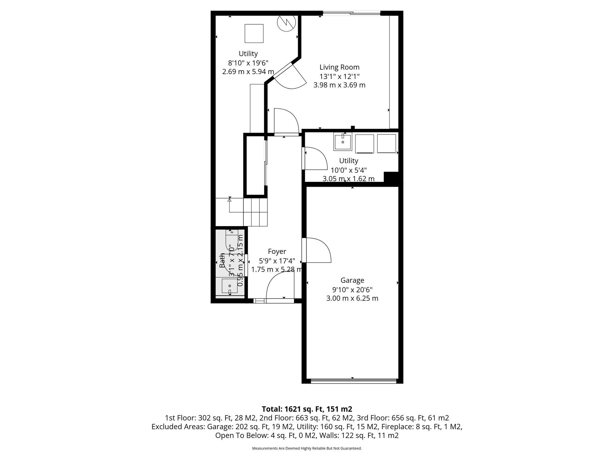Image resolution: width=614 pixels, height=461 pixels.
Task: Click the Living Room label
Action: click(x=339, y=67)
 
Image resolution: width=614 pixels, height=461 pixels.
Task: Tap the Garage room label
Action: click(x=352, y=280)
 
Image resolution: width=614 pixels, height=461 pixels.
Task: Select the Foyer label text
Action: click(x=277, y=252)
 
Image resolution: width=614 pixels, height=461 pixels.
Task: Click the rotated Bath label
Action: click(x=222, y=261)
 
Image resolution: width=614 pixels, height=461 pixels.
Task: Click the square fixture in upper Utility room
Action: click(x=254, y=34)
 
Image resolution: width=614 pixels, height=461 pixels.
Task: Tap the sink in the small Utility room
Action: click(x=343, y=142)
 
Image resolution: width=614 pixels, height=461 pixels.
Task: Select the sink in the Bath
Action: click(x=230, y=286)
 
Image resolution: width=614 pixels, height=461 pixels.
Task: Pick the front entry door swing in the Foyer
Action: click(x=279, y=285)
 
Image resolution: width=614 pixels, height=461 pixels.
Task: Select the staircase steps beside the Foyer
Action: click(x=255, y=212)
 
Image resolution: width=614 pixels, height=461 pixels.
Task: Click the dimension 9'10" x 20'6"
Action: click(x=352, y=290)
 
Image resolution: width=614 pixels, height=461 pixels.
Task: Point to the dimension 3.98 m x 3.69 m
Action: click(x=339, y=85)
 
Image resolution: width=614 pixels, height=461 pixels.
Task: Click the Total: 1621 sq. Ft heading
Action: click(x=307, y=409)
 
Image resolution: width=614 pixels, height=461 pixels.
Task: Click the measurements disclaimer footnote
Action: click(x=307, y=448)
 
